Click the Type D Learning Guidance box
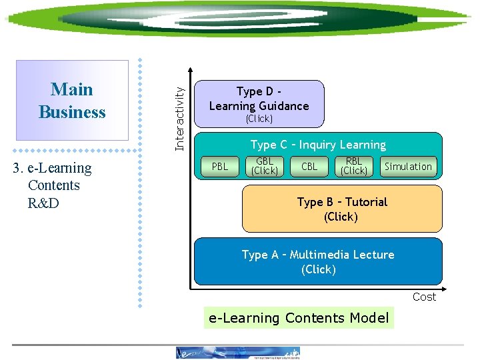[259, 103]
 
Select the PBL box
[219, 167]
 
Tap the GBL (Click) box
[265, 167]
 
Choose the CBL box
[309, 167]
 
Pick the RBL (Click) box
[354, 167]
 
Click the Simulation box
[408, 167]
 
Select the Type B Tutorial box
[341, 209]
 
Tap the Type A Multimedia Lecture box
[318, 261]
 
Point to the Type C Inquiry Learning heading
[318, 145]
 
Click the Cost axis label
[424, 297]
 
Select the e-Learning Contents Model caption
[299, 318]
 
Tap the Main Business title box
[72, 101]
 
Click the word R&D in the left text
[43, 203]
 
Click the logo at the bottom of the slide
[238, 353]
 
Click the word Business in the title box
[72, 112]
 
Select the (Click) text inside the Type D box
[259, 119]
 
